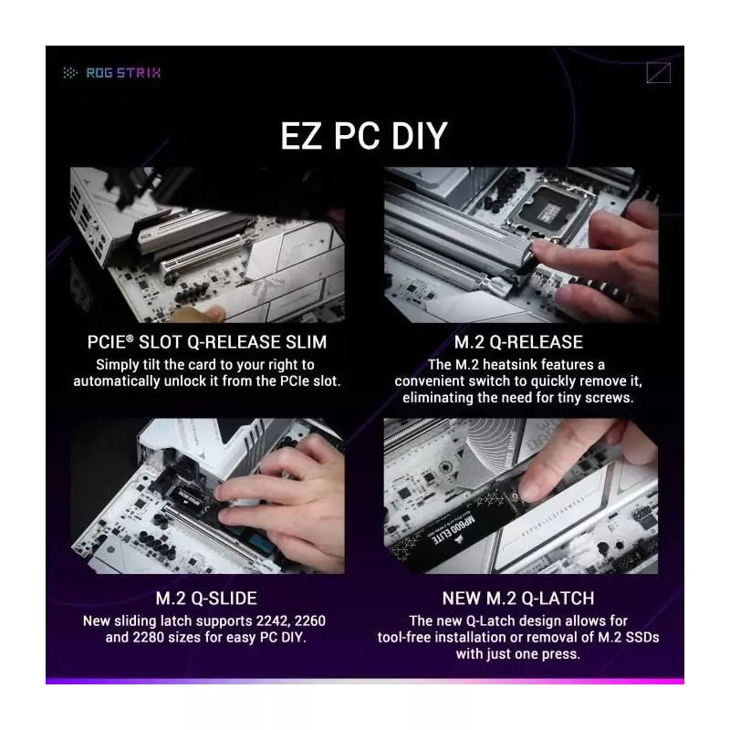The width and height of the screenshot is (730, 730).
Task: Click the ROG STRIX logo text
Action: point(123,73)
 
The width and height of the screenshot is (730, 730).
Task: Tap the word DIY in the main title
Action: point(419,136)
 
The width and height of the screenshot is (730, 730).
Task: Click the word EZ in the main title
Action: point(301,136)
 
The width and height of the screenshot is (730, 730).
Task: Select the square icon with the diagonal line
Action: point(658,73)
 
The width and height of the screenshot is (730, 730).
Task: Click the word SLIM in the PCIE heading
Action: point(306,342)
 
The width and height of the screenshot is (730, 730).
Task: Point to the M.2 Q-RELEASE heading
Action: point(518,342)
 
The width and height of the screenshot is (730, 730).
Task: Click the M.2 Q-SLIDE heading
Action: point(206,599)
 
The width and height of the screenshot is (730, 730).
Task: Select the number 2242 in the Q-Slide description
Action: point(272,621)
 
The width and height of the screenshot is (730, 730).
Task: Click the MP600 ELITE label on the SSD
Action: point(453,529)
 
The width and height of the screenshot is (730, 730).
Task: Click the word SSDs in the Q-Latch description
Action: point(641,637)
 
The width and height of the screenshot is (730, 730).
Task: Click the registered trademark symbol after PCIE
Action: point(130,338)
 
